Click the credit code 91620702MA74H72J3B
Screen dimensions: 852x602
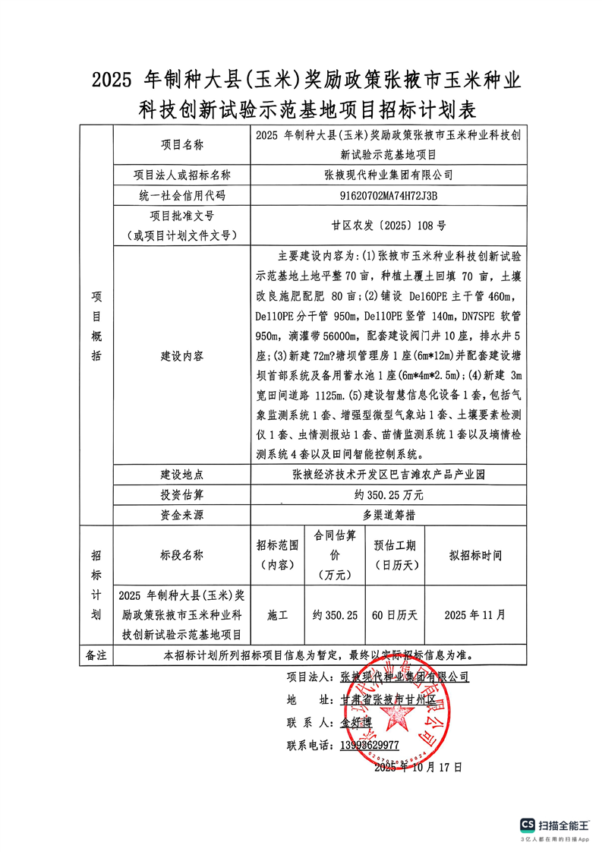[x=389, y=196]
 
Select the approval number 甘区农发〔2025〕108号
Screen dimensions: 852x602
[x=389, y=226]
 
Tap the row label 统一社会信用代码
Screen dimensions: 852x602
[x=182, y=196]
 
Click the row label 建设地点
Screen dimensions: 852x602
[x=182, y=475]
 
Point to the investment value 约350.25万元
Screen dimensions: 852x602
[x=389, y=495]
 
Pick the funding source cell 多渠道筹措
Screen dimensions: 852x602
[x=389, y=515]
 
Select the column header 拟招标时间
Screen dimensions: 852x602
[x=476, y=555]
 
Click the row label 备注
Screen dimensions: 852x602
[x=96, y=654]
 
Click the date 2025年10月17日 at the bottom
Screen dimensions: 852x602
[x=418, y=767]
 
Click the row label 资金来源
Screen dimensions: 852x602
[x=182, y=515]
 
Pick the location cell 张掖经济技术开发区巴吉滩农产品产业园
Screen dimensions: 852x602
[x=389, y=475]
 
